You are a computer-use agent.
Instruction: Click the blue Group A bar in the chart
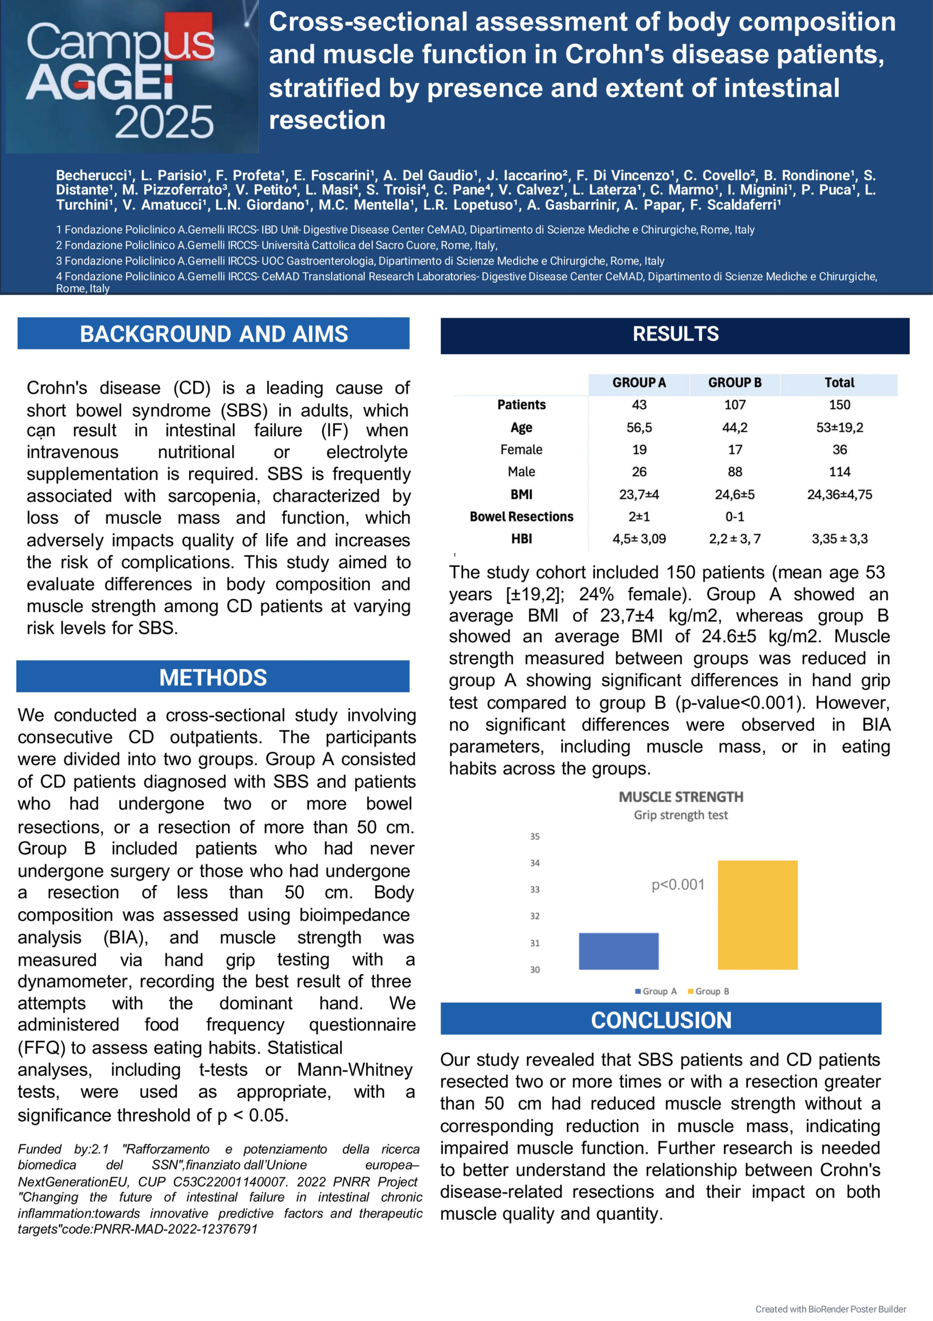click(618, 951)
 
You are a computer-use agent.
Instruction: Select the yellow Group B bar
click(757, 914)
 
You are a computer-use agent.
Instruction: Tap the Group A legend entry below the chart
click(656, 991)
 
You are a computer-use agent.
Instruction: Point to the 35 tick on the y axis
click(535, 836)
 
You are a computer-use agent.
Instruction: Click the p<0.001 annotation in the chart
click(678, 884)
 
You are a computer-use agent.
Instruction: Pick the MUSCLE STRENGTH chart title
click(680, 797)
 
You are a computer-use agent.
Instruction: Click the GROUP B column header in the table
click(734, 382)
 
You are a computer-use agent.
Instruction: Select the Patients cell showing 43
click(639, 405)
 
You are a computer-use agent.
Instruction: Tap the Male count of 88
click(734, 472)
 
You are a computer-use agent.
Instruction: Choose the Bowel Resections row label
click(521, 517)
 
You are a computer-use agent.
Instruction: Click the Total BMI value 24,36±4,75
click(839, 495)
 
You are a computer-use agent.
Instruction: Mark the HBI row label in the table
click(521, 539)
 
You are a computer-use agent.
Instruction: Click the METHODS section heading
click(213, 677)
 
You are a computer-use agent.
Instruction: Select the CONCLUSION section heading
click(661, 1020)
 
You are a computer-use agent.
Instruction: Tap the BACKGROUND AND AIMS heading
click(214, 334)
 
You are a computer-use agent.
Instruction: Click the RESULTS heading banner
click(675, 334)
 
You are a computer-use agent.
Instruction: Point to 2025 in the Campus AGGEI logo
click(164, 122)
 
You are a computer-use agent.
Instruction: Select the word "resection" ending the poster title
click(328, 120)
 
